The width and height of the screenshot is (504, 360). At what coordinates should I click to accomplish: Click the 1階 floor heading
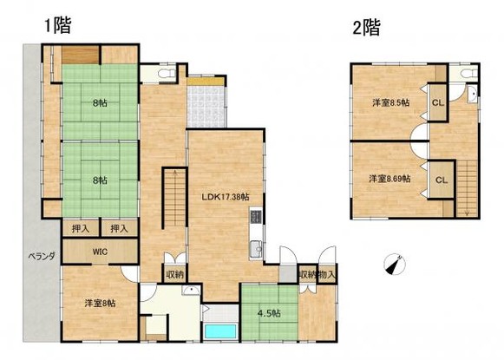pyautogui.click(x=57, y=25)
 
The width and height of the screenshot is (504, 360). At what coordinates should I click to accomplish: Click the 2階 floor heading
pyautogui.click(x=366, y=27)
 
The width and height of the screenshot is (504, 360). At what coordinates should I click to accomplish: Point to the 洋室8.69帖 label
pyautogui.click(x=388, y=179)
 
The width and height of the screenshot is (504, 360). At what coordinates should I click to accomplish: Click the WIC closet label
pyautogui.click(x=97, y=252)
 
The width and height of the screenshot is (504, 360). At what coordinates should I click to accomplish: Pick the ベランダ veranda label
pyautogui.click(x=38, y=256)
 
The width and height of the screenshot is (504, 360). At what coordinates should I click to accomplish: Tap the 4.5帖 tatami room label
pyautogui.click(x=268, y=314)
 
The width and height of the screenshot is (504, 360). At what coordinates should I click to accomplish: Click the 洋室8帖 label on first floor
pyautogui.click(x=100, y=303)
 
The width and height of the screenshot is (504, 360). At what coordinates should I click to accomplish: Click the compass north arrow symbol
pyautogui.click(x=397, y=264)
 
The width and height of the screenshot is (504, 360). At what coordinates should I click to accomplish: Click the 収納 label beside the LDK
pyautogui.click(x=174, y=274)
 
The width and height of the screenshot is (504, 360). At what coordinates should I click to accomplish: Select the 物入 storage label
pyautogui.click(x=327, y=275)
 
